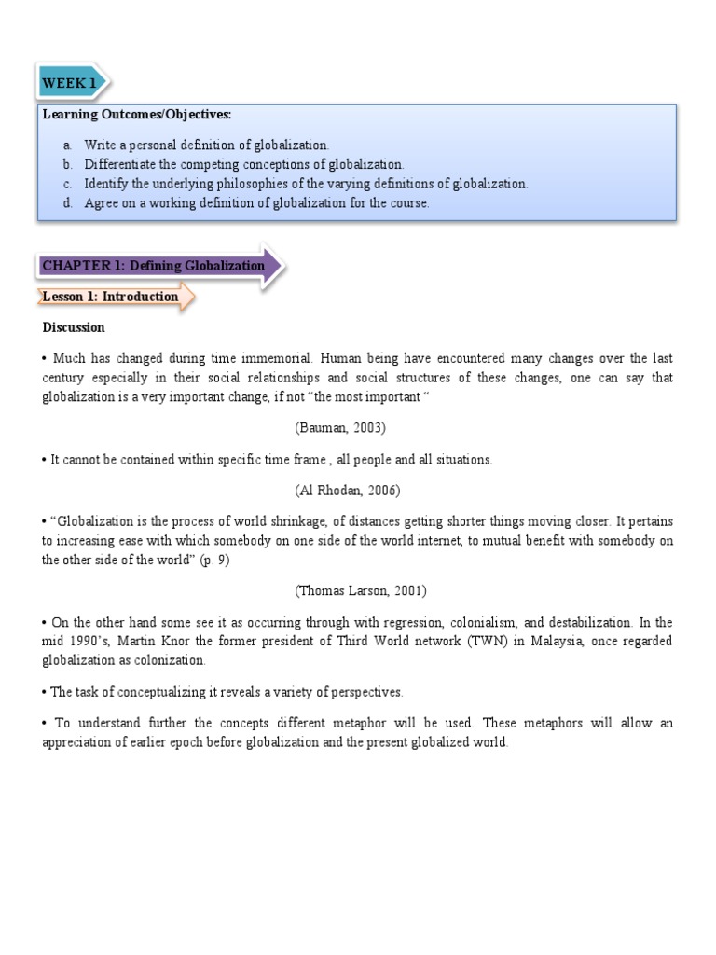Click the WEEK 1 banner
(70, 83)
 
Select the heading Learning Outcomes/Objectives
(136, 115)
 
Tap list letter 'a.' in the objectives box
(67, 145)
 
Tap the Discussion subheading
(74, 327)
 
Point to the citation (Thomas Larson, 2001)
(348, 590)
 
